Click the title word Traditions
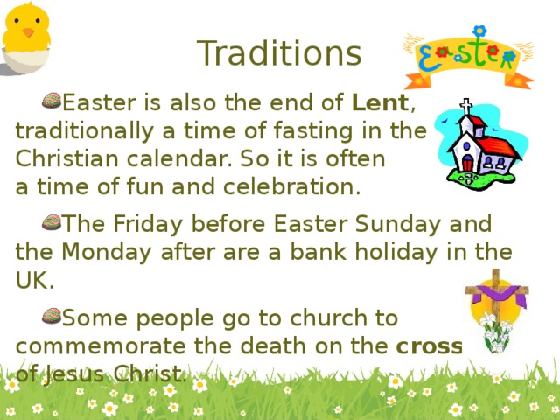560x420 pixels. coord(278,53)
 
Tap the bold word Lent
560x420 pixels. coord(380,103)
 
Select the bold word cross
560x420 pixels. coord(429,346)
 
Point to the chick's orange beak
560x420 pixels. coord(28,33)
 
